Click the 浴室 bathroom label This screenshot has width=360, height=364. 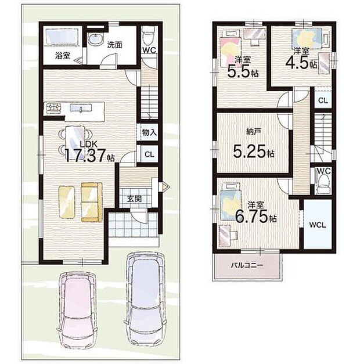pyautogui.click(x=62, y=56)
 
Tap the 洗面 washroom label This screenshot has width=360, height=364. pyautogui.click(x=114, y=45)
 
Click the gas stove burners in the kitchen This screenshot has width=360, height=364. pyautogui.click(x=53, y=108)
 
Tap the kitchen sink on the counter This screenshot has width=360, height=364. pyautogui.click(x=81, y=108)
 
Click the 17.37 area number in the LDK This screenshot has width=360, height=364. pyautogui.click(x=85, y=155)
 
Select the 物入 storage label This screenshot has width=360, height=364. pyautogui.click(x=149, y=133)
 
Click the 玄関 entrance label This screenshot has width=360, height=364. pyautogui.click(x=134, y=199)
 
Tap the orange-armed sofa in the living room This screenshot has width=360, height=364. pyautogui.click(x=92, y=202)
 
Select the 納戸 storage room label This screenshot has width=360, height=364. pyautogui.click(x=254, y=132)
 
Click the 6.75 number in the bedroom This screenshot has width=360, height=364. pyautogui.click(x=251, y=217)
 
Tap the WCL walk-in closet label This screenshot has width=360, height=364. pyautogui.click(x=318, y=225)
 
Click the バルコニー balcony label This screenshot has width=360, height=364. pyautogui.click(x=247, y=265)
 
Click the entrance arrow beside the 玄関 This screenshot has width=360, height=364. pyautogui.click(x=164, y=186)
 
